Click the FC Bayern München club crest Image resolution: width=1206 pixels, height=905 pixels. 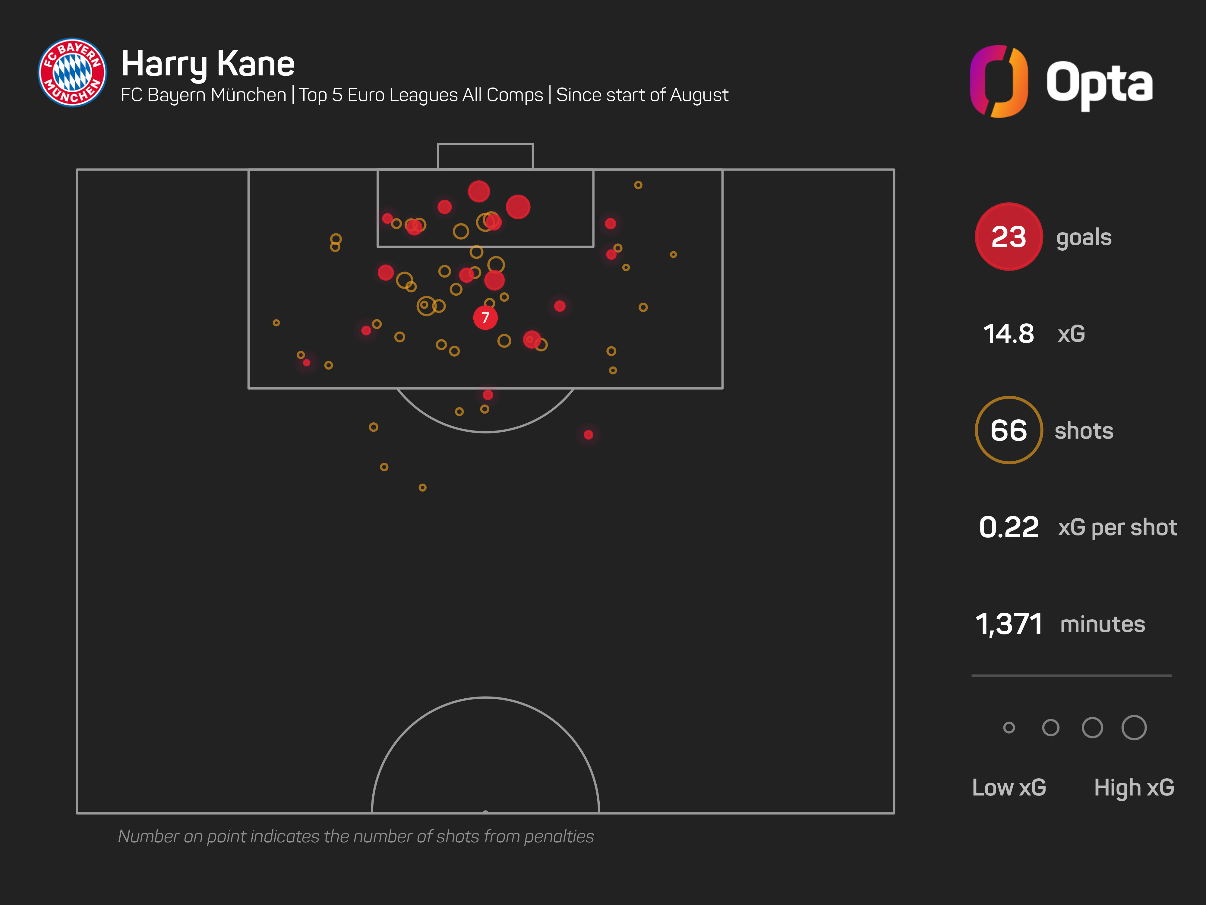73,73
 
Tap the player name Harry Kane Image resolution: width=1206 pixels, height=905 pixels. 208,64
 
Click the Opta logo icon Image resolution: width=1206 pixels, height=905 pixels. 999,81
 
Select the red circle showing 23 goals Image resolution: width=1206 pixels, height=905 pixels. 1009,237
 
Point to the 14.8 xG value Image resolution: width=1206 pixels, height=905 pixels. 1008,334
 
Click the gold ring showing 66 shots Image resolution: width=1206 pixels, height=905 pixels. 1009,430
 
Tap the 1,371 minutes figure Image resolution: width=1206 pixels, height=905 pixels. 1009,624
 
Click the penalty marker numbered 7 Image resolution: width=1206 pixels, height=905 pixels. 485,317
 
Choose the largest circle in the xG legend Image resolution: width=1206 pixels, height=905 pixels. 1134,728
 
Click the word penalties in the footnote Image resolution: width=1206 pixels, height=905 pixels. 559,836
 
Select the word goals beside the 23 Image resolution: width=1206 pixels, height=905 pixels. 1084,238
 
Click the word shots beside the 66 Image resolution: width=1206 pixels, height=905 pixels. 1084,431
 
